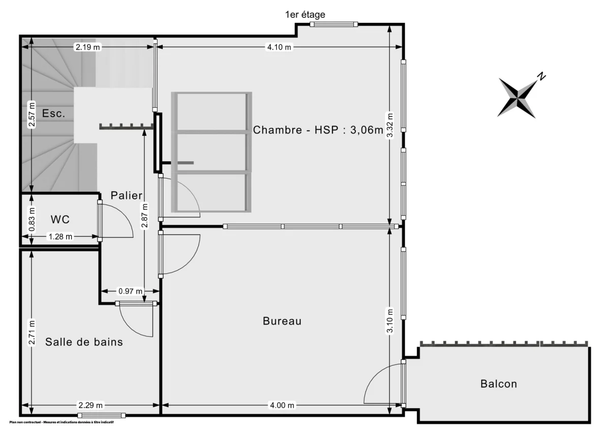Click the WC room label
[x=60, y=220]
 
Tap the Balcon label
[x=499, y=384]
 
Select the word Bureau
[x=282, y=321]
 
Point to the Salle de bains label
[x=84, y=342]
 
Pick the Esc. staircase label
[x=53, y=113]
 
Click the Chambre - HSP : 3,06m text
[x=318, y=130]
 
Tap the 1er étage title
[x=305, y=15]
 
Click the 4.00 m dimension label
[x=282, y=406]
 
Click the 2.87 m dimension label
[x=145, y=216]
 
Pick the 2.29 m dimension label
[x=90, y=406]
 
